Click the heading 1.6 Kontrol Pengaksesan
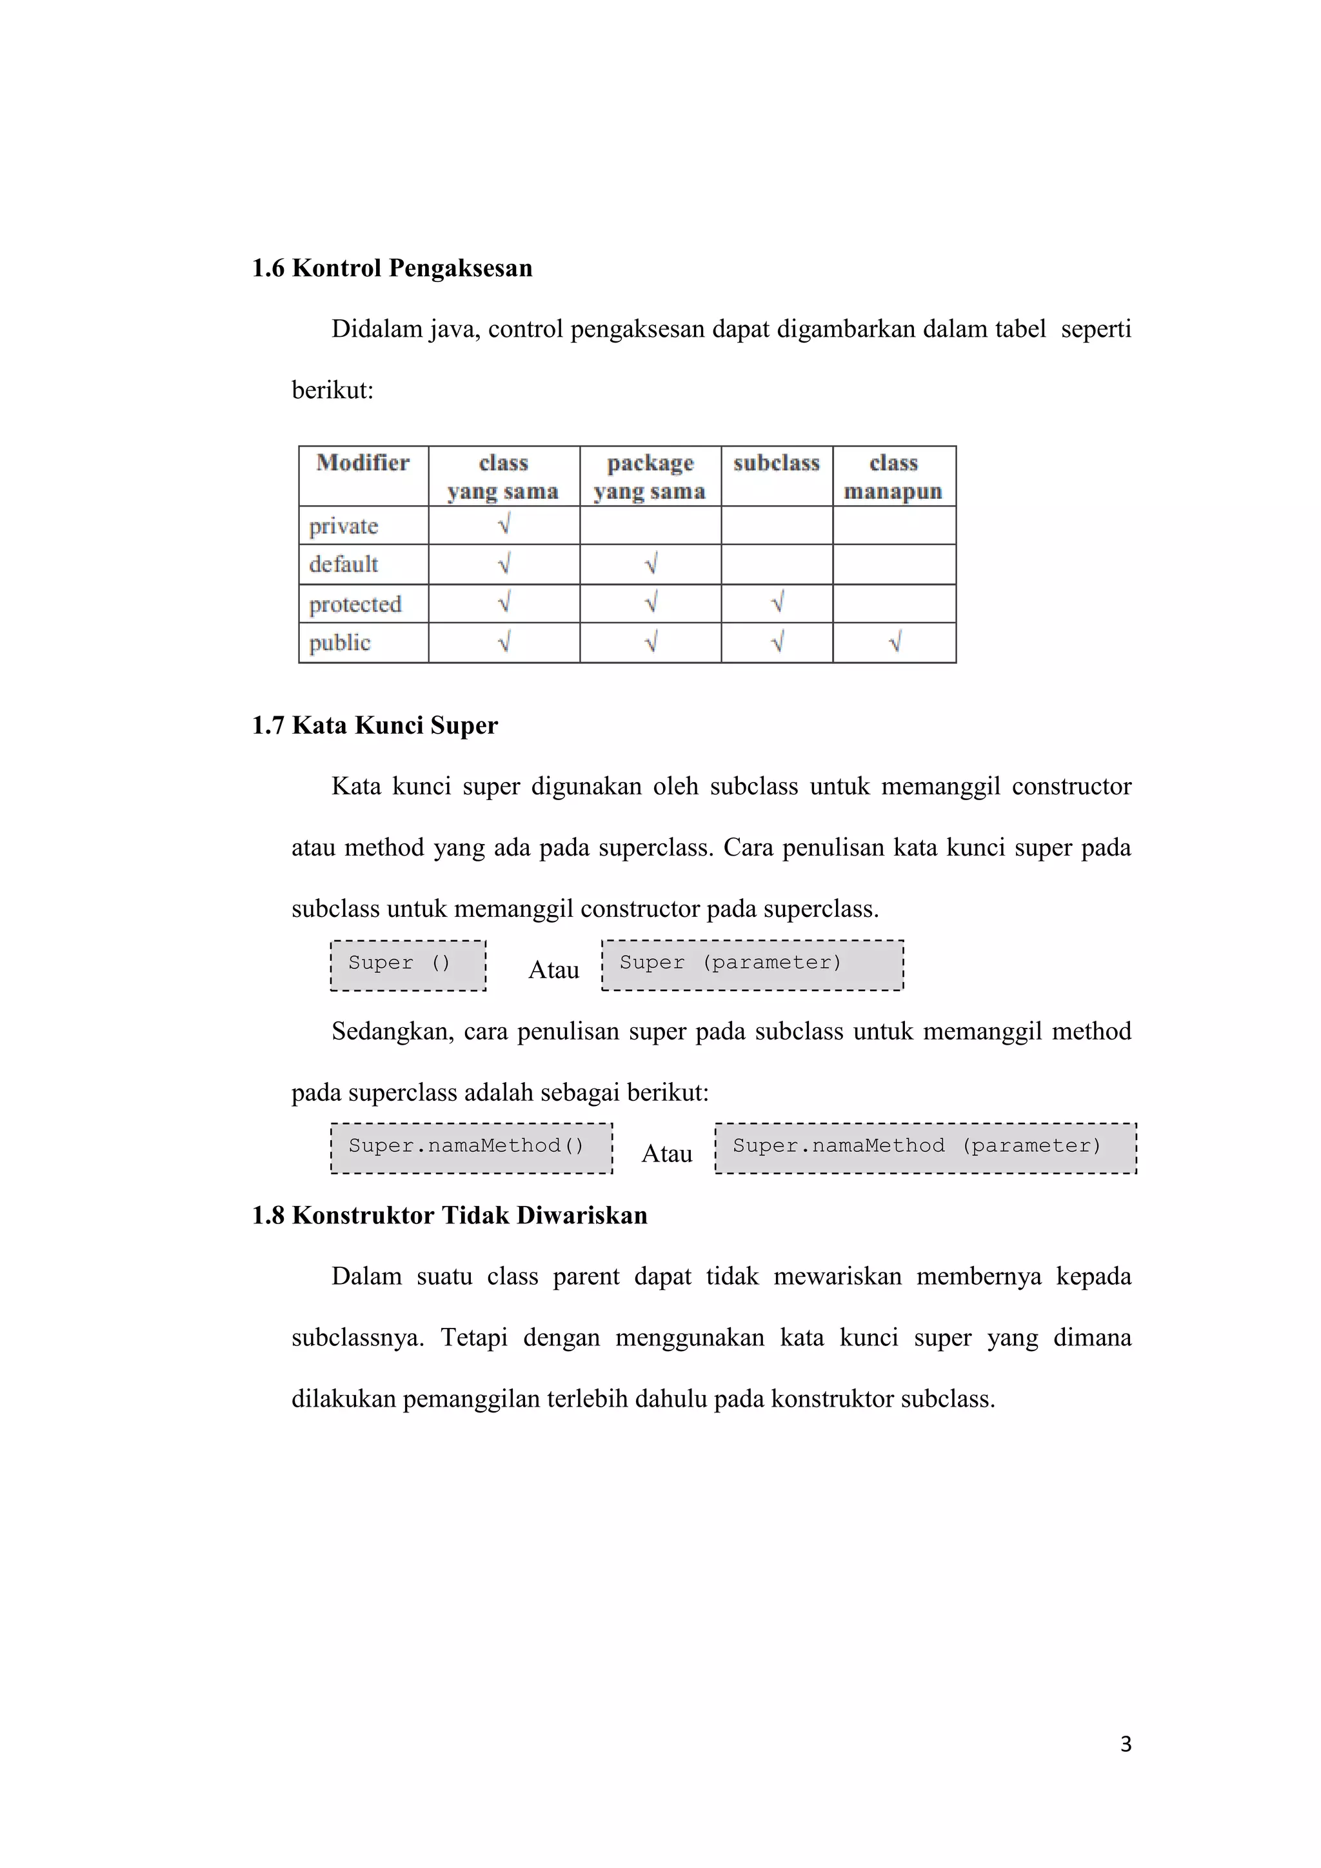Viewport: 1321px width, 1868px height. pyautogui.click(x=392, y=268)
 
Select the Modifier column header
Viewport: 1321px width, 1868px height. pyautogui.click(x=363, y=463)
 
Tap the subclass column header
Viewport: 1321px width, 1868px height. pyautogui.click(x=776, y=463)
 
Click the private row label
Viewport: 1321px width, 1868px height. pyautogui.click(x=343, y=526)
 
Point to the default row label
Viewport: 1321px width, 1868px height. pyautogui.click(x=343, y=564)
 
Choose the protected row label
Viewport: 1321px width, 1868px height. pyautogui.click(x=355, y=604)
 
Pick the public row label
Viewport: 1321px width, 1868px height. pyautogui.click(x=339, y=643)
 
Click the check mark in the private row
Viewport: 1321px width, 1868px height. pyautogui.click(x=504, y=525)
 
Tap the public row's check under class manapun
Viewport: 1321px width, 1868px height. pyautogui.click(x=894, y=643)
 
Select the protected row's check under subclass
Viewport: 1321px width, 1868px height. pyautogui.click(x=777, y=603)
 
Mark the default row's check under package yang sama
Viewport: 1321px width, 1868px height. pyautogui.click(x=650, y=564)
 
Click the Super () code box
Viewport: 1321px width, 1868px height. pyautogui.click(x=408, y=965)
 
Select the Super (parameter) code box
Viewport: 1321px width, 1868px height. pyautogui.click(x=753, y=965)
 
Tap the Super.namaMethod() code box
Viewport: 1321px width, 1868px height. pyautogui.click(x=472, y=1148)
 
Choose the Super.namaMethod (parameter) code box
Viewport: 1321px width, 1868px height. pyautogui.click(x=926, y=1148)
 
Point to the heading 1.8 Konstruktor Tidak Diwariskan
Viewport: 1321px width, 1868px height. pyautogui.click(x=450, y=1215)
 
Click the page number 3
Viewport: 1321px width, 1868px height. pyautogui.click(x=1126, y=1744)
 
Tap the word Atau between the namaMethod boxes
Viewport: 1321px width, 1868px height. pyautogui.click(x=667, y=1154)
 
